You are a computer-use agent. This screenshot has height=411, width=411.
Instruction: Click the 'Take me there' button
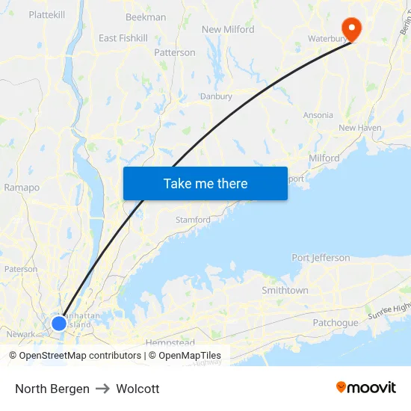coord(205,183)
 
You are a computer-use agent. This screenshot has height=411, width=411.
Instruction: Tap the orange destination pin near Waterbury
coord(350,29)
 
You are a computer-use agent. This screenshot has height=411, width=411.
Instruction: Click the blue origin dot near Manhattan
coord(59,324)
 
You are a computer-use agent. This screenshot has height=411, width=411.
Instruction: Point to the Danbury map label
coord(216,96)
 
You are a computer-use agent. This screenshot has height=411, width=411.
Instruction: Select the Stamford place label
coord(193,220)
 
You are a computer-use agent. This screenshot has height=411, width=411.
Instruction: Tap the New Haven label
coord(360,128)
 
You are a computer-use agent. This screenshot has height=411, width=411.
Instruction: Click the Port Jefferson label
coord(321,258)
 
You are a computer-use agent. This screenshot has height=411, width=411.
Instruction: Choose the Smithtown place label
coord(285,290)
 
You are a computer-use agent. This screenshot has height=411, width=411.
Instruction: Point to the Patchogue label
coord(336,323)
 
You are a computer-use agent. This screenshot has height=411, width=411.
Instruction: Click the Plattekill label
coord(47,14)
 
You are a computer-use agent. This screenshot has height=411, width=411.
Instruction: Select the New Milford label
coord(228,29)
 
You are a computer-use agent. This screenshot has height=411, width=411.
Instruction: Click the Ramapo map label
coord(22,188)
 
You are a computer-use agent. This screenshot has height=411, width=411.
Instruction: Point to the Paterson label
coord(21,269)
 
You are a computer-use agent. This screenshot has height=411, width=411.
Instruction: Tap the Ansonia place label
coord(318,115)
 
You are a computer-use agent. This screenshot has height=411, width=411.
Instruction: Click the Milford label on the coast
coord(324,158)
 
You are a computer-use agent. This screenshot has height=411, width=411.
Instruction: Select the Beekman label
coord(146,17)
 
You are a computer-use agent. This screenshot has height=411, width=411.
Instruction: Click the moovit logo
coord(366,388)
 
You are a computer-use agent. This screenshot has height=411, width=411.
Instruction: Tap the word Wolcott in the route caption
coord(137,389)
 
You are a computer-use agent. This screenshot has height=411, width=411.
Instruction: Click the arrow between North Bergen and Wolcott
coord(102,389)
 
